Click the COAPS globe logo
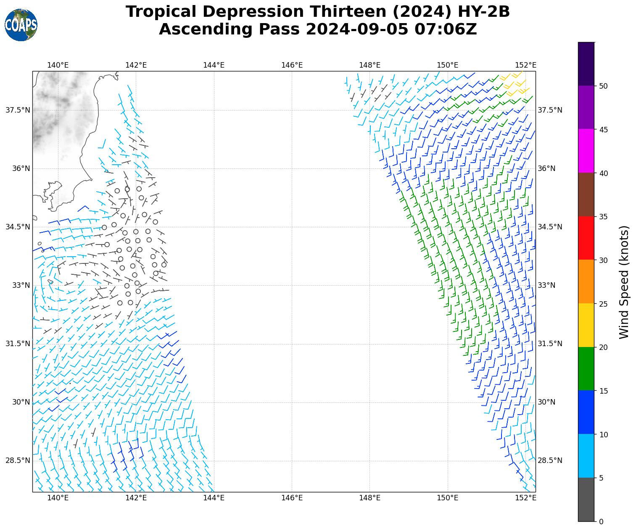pos(21,25)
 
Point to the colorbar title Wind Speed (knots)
pos(625,282)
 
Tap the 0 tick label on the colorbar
pos(601,522)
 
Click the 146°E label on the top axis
pos(292,65)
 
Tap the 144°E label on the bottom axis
pos(214,498)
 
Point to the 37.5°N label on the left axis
pos(18,110)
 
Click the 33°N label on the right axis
pos(546,285)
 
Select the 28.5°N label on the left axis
pos(18,460)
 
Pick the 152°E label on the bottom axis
pos(525,498)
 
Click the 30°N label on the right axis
pos(546,402)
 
